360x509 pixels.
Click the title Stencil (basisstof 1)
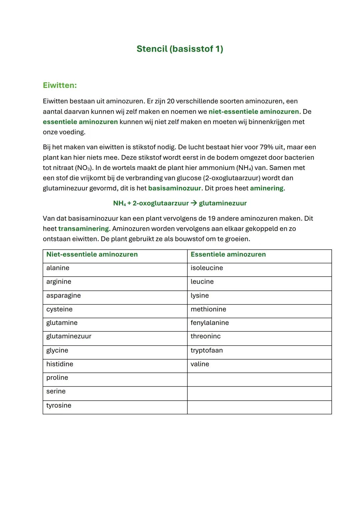point(180,49)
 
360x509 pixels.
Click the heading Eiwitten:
point(60,85)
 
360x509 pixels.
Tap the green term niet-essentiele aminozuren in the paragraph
point(253,112)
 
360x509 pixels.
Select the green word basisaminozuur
point(174,188)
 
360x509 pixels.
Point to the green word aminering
point(267,188)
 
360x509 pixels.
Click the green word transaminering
point(83,229)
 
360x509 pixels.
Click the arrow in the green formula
point(194,203)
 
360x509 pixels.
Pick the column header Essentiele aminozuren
point(228,254)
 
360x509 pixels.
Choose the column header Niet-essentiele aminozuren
point(92,254)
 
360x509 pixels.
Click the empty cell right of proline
point(259,379)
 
